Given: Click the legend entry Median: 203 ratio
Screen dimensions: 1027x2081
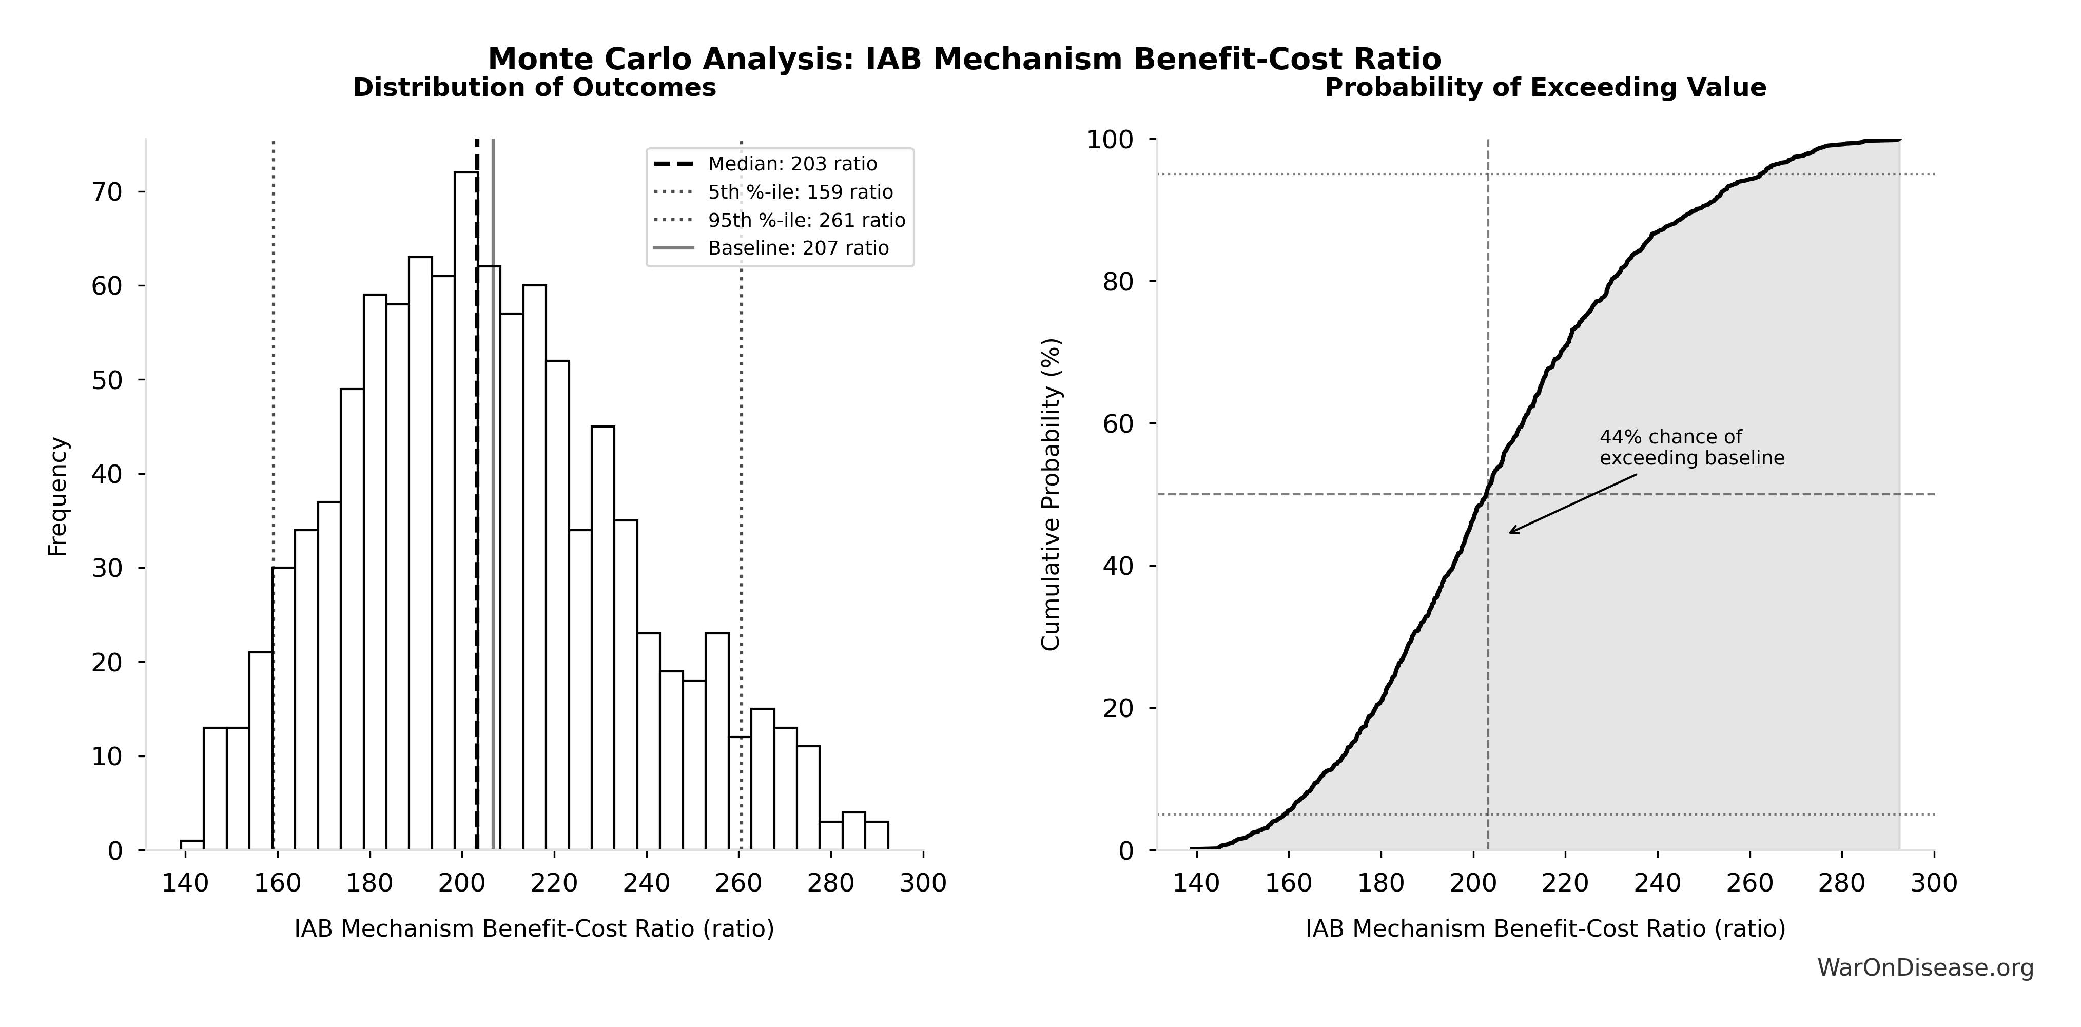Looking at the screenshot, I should pos(792,164).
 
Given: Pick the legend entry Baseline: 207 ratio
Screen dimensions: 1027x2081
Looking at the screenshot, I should pos(798,248).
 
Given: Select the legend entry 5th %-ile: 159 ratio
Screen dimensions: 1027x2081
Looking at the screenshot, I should pos(800,192).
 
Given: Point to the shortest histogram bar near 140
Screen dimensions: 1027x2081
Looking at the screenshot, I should pos(191,845).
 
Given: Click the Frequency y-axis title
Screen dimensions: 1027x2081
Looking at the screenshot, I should pos(58,496).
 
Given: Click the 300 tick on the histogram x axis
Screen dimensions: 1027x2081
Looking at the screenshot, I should pos(923,883).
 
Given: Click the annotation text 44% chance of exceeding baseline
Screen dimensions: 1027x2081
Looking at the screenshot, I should pos(1691,448).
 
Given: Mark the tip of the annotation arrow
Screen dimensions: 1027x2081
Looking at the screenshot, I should pos(1510,532).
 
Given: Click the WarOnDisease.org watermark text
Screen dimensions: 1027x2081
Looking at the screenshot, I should pos(1925,968).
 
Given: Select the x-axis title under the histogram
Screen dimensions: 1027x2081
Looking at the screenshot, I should pos(534,929).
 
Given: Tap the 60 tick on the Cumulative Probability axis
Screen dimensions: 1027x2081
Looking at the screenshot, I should pos(1119,424).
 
